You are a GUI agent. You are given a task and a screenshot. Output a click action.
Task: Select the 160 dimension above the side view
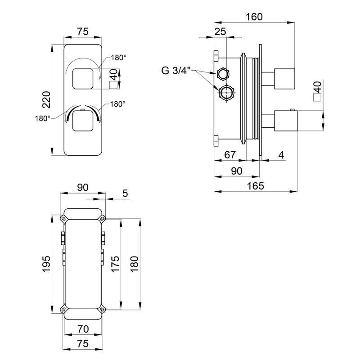click(255, 17)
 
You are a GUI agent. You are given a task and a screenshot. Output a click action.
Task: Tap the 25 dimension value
click(220, 31)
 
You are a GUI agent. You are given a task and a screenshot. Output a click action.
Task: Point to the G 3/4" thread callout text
click(176, 70)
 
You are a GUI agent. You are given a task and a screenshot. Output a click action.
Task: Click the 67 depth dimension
click(229, 155)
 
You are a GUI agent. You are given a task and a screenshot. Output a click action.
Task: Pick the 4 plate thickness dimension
click(281, 155)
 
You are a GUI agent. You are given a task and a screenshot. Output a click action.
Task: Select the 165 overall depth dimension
click(255, 185)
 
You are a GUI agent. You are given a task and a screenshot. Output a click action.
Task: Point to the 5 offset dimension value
click(125, 193)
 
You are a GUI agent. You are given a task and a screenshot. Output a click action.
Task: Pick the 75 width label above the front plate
click(82, 31)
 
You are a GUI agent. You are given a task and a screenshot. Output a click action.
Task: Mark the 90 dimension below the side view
click(237, 171)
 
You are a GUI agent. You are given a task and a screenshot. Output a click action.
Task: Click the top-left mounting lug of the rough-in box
click(63, 219)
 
